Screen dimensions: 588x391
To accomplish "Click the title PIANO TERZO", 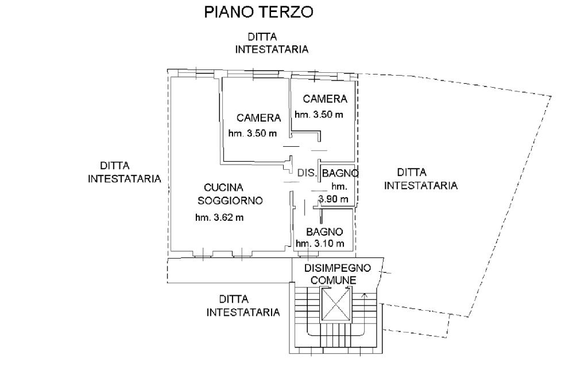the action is pos(258,12).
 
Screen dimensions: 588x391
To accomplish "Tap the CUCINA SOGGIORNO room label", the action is pos(230,194).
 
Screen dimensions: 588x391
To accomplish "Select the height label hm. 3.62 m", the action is pos(219,217).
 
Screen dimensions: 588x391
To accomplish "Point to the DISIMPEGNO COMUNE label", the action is pos(338,273).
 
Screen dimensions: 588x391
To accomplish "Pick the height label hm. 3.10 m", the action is pos(320,244).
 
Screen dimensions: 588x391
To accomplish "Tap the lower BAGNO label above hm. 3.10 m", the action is pos(324,232).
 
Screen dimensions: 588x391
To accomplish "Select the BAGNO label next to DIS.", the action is pos(341,173).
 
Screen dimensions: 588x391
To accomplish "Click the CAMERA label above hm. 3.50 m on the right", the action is pos(325,99).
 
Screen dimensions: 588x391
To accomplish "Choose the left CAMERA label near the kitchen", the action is pos(258,118).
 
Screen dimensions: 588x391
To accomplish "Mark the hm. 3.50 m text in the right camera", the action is pos(319,114).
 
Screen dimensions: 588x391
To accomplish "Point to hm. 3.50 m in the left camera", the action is pos(253,134).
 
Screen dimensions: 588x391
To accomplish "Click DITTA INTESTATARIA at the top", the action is pos(272,43).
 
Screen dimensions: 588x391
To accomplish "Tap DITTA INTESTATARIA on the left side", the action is pos(124,172).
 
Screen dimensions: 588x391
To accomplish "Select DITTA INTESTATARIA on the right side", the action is pos(420,179).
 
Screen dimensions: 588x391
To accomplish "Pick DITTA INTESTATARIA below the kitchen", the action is pos(243,306).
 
